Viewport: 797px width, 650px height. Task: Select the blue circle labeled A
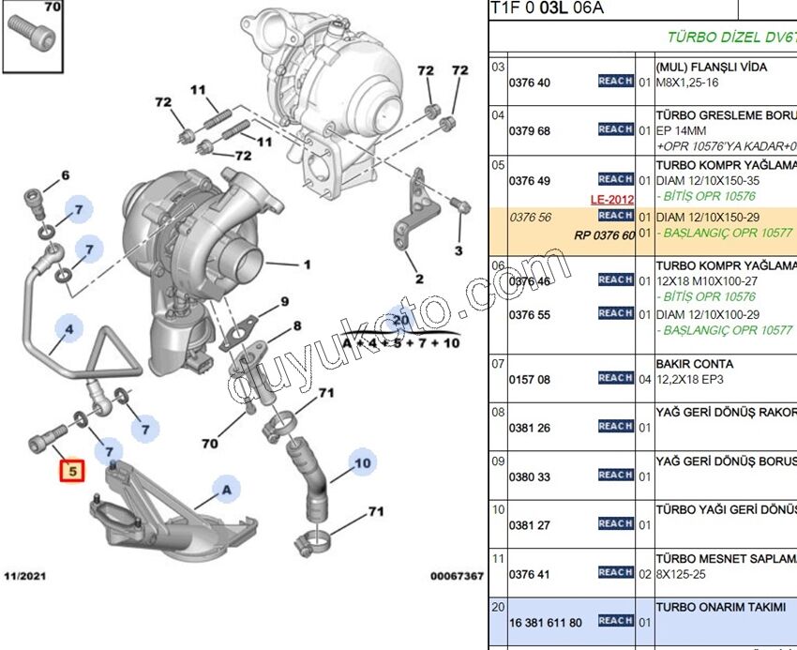point(224,487)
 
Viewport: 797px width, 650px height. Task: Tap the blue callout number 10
point(362,461)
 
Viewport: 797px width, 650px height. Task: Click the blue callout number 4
point(69,329)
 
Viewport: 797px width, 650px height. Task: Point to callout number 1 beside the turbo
point(306,265)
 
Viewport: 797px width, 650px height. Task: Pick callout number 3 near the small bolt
point(459,250)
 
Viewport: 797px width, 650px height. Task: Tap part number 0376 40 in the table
point(530,83)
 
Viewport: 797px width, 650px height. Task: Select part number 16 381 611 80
point(545,622)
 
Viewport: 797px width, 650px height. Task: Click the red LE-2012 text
point(612,200)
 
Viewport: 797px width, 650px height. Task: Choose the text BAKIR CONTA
point(695,364)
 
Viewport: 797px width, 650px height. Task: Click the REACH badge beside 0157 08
point(615,378)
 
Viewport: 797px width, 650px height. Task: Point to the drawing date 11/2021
point(24,575)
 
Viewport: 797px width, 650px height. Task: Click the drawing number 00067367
point(457,575)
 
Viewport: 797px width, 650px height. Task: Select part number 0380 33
point(530,476)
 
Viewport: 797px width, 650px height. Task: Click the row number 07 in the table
point(499,363)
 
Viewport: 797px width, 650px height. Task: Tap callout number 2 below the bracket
point(419,279)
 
